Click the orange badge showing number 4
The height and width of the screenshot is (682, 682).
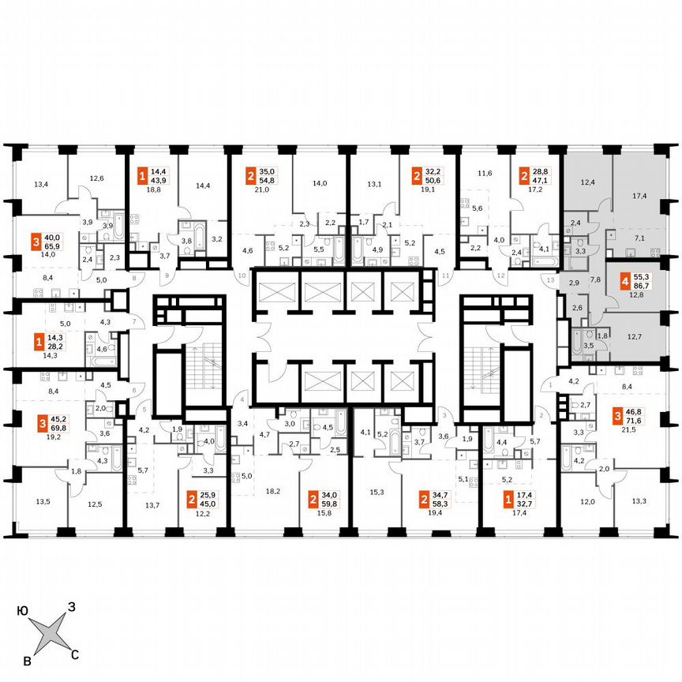click(625, 280)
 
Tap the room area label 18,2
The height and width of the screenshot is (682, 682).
click(274, 490)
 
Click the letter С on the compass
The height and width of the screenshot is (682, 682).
click(75, 654)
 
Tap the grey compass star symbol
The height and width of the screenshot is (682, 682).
click(49, 632)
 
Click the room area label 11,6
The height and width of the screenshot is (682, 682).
click(485, 173)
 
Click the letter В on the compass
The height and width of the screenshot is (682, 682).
click(28, 659)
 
